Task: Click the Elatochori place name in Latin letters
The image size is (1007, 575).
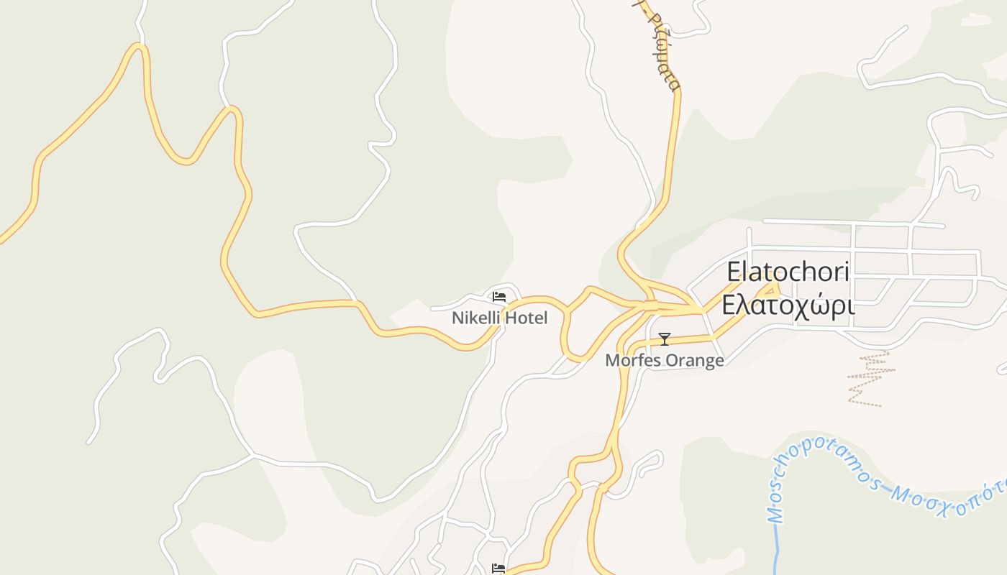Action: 788,272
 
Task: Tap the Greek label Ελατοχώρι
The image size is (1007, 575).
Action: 788,305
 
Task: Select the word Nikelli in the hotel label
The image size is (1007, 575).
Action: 476,318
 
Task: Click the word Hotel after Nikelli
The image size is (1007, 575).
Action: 527,318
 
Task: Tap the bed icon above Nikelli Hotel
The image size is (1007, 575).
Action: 499,296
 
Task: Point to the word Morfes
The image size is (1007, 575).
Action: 631,360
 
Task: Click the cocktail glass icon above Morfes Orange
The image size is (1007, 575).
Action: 665,339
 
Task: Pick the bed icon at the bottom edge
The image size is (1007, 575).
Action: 498,569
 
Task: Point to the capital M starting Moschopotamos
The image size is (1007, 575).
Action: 776,515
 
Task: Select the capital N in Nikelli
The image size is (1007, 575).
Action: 457,318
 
